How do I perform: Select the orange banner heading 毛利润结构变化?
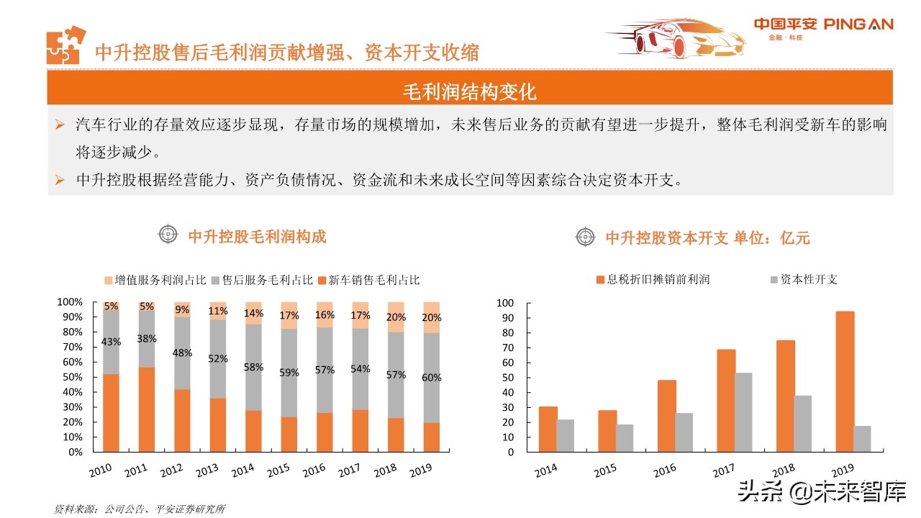(x=469, y=91)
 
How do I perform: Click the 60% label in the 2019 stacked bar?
(x=432, y=377)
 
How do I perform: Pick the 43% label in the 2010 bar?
(x=112, y=342)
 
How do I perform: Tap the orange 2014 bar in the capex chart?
(x=548, y=429)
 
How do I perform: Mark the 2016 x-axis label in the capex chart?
(x=664, y=472)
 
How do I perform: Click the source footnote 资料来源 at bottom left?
(x=140, y=509)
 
